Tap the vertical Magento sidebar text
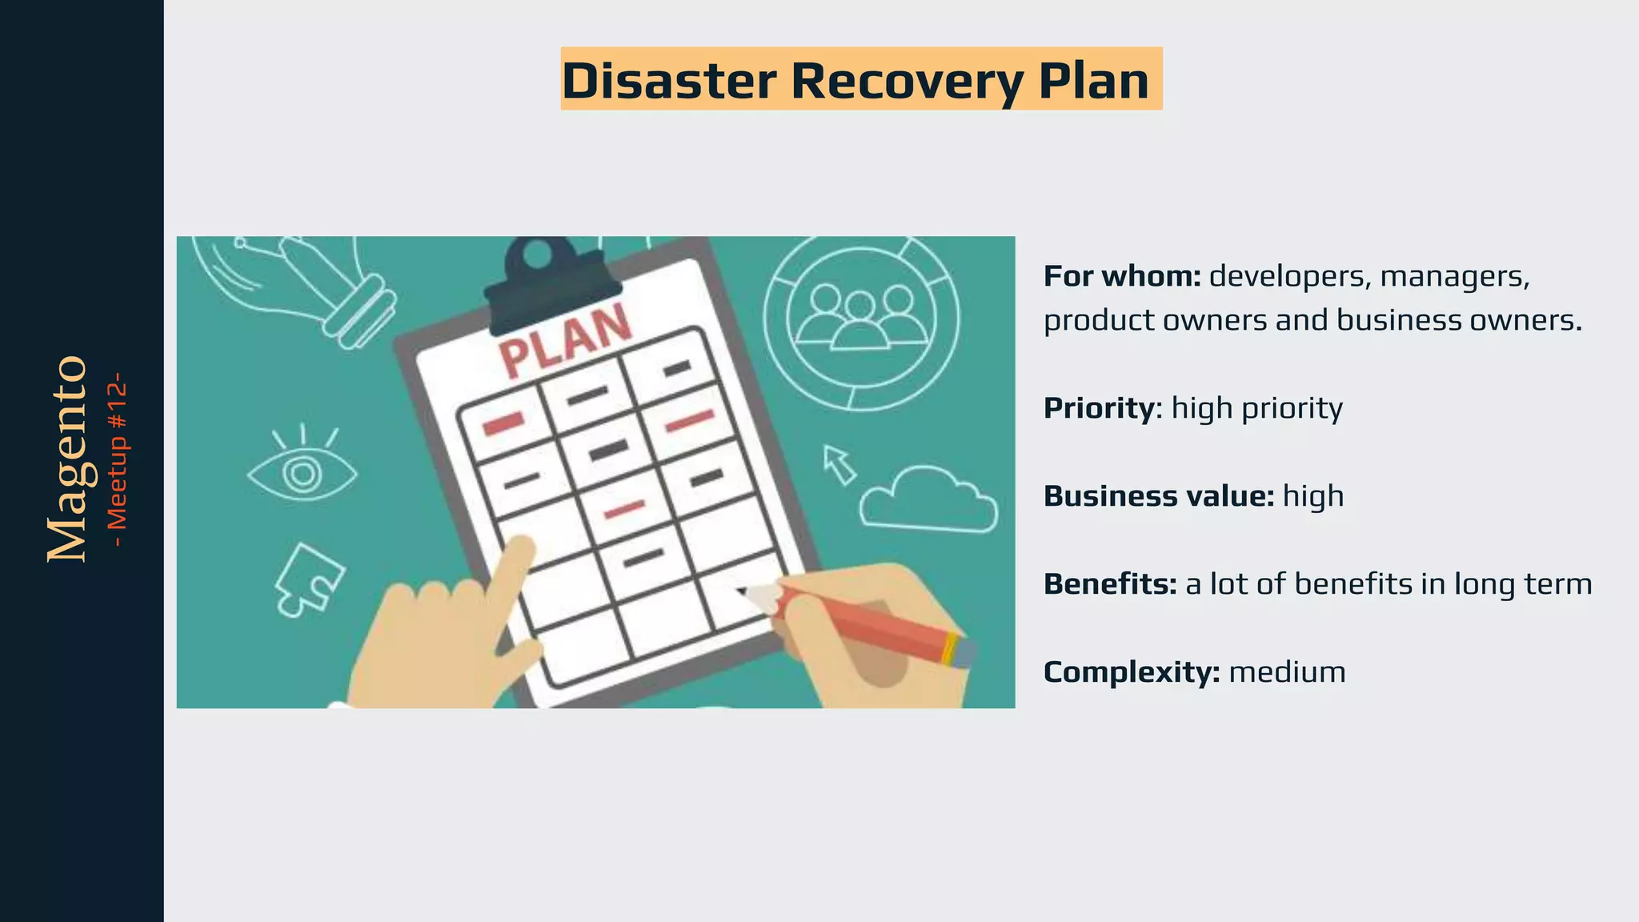tap(67, 459)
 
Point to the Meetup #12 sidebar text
tap(118, 459)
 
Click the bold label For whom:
tap(1122, 276)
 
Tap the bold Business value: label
tap(1158, 496)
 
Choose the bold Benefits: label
tap(1109, 584)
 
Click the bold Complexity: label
tap(1131, 672)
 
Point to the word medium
tap(1287, 672)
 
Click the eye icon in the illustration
tap(303, 472)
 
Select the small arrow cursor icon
tap(839, 464)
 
